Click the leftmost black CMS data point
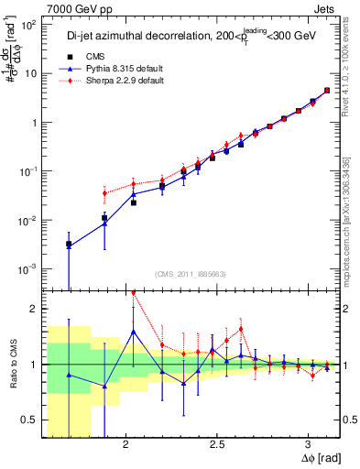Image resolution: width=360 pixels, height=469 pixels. (x=69, y=245)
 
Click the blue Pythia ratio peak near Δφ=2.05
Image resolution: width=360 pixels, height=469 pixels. (x=134, y=332)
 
